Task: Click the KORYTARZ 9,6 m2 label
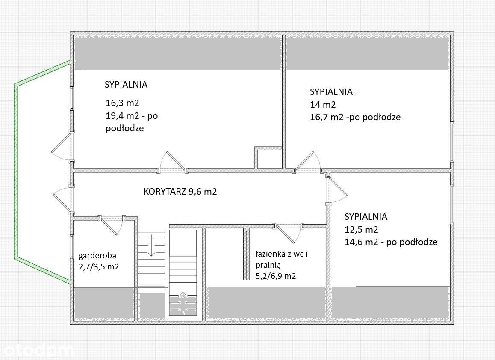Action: coord(180,192)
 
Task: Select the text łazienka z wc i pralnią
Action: coord(282,260)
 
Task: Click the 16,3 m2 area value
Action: coord(123,103)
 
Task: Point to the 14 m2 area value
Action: coord(322,105)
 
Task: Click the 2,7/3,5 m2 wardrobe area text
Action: coord(98,267)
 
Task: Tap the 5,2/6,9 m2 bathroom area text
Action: coord(276,276)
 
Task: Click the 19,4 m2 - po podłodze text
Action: coord(132,122)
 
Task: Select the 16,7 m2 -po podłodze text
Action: coord(355,117)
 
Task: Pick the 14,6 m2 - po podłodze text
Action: coord(391,242)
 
